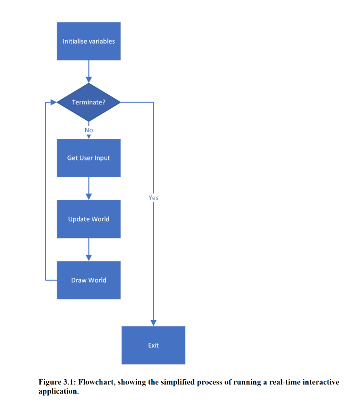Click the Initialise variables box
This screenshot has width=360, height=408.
point(89,41)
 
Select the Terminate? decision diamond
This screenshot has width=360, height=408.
point(89,102)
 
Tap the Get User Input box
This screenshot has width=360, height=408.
point(89,158)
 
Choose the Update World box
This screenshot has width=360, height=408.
point(89,219)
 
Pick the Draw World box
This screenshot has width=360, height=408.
point(89,280)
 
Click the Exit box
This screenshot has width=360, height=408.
point(153,345)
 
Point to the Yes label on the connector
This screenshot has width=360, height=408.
point(153,198)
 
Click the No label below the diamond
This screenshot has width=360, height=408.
point(89,130)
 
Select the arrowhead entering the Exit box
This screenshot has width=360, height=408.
point(153,322)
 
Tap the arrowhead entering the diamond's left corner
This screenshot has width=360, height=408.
point(53,102)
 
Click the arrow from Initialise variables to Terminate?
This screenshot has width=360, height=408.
point(89,71)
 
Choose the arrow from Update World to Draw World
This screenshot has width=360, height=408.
point(89,249)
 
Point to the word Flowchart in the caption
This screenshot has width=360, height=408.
point(96,382)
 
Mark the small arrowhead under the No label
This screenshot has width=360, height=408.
point(89,136)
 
